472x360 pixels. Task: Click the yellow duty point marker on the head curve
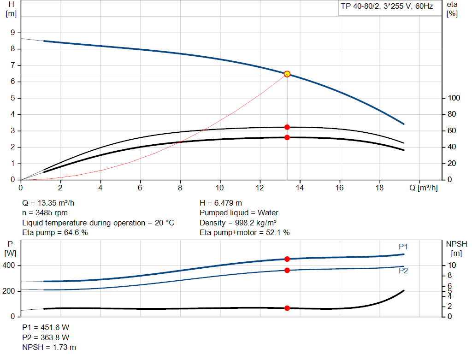click(287, 74)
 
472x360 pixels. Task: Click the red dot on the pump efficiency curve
click(287, 127)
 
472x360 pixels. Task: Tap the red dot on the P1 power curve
click(287, 259)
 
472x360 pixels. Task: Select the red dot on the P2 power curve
click(287, 270)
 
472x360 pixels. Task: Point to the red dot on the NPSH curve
click(287, 308)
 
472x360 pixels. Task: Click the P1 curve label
click(403, 247)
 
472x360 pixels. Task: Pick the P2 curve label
click(403, 271)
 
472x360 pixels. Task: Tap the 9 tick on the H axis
click(13, 32)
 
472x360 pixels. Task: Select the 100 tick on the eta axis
click(454, 98)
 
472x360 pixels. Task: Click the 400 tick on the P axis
click(10, 266)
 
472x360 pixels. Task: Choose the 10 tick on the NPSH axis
click(452, 266)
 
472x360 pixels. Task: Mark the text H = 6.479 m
click(221, 203)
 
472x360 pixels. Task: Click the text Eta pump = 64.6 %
click(55, 233)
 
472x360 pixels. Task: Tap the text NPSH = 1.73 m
click(49, 347)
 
